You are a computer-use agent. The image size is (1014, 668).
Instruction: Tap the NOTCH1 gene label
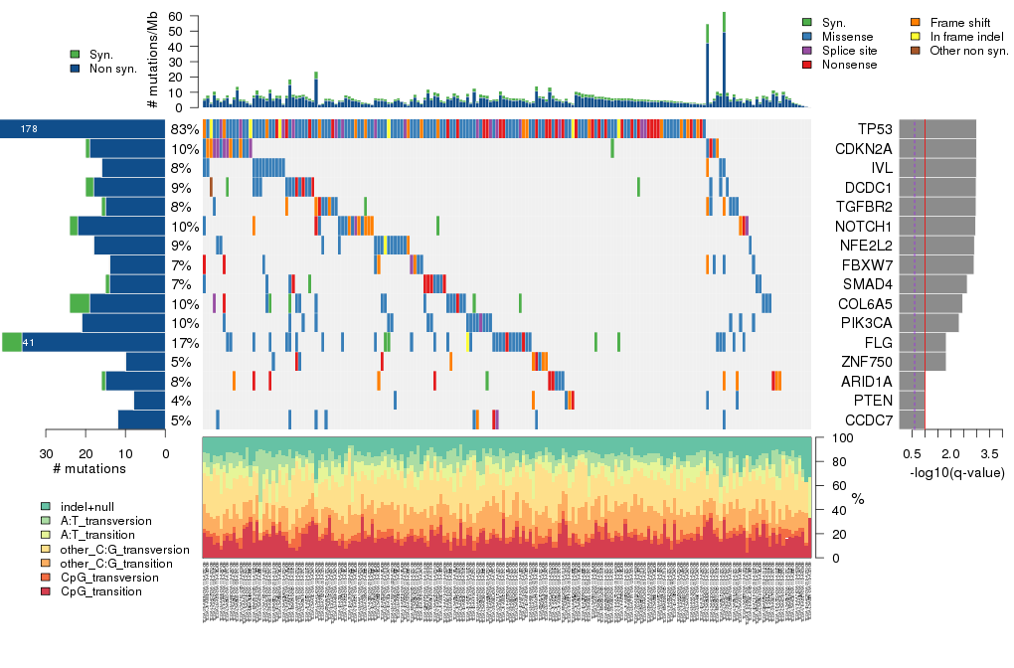tap(862, 226)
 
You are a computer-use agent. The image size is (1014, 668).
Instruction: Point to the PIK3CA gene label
tap(863, 323)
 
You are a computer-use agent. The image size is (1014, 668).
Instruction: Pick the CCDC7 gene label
tap(865, 419)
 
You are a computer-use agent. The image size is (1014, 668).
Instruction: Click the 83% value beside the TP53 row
tap(185, 129)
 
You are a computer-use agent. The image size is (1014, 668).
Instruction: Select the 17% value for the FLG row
tap(185, 343)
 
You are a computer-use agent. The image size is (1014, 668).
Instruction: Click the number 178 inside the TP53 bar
tap(29, 129)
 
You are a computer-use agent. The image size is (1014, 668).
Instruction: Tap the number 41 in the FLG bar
tap(29, 343)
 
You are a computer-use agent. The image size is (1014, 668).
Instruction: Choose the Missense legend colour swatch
tap(807, 37)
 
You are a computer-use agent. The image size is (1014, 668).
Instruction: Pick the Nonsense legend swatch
tap(807, 65)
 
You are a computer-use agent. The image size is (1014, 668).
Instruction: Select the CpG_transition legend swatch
tap(46, 591)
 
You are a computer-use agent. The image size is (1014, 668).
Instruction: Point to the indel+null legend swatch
tap(46, 506)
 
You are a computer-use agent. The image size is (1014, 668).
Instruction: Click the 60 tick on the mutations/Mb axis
tap(184, 17)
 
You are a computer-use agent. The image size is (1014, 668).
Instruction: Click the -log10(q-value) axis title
tap(956, 472)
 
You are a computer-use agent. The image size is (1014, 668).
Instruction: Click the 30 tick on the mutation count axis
tap(46, 453)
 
